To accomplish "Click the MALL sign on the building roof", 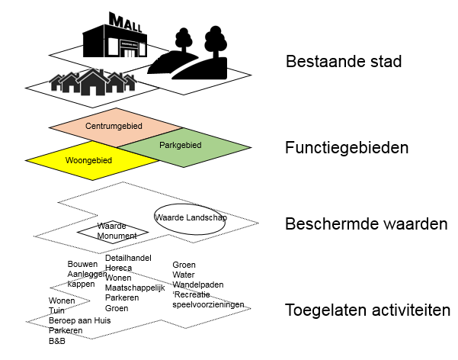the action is [x=125, y=22].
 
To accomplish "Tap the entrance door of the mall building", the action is [x=129, y=53].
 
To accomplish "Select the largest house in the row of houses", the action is [x=93, y=82].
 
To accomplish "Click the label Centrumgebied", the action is [x=114, y=126].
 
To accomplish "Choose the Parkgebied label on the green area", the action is [x=180, y=145].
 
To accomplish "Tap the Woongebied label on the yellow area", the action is [x=88, y=160].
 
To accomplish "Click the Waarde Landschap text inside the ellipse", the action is [x=191, y=217].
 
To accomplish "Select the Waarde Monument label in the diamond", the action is [x=117, y=231].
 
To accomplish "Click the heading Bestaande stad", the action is [x=344, y=62].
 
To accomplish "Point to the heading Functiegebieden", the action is [x=347, y=147].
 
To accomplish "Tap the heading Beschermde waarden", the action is [x=367, y=223].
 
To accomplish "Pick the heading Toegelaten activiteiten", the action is [x=368, y=310].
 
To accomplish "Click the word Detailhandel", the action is [x=128, y=258].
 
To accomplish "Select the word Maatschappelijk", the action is [x=135, y=288].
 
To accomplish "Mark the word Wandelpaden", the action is [x=198, y=284].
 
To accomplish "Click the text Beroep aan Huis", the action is [x=80, y=320].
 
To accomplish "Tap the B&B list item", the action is [x=57, y=341].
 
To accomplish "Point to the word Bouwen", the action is [x=82, y=264].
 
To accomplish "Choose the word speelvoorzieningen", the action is [x=208, y=305].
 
